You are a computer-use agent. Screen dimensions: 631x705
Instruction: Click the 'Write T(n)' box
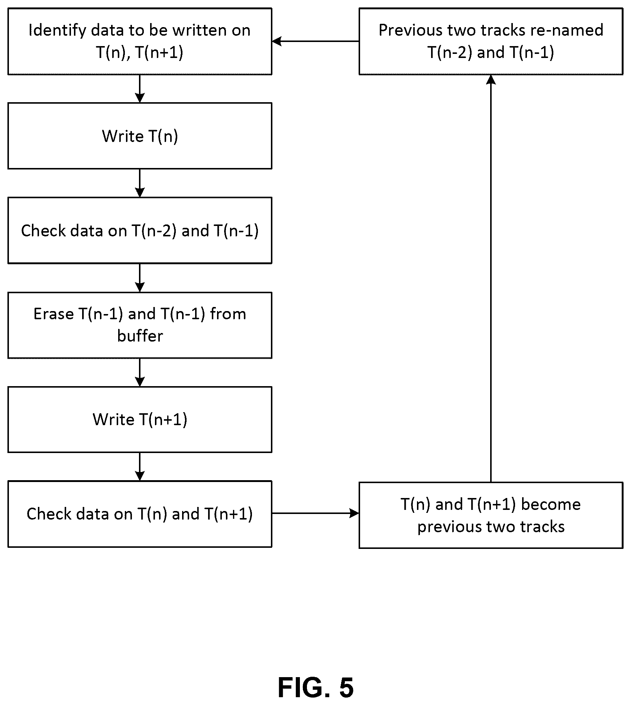[140, 136]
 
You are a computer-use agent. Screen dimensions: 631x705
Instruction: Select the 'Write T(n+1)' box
[140, 420]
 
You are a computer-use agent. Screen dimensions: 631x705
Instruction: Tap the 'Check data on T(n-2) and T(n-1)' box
[140, 230]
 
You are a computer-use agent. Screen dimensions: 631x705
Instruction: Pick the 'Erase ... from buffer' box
[140, 325]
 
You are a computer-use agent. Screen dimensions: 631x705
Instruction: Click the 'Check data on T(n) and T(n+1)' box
[140, 514]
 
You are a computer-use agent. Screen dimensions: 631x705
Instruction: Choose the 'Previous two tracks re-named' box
[491, 42]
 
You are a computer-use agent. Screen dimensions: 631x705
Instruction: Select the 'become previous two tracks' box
[491, 515]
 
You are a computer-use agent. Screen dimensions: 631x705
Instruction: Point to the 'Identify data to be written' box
[140, 42]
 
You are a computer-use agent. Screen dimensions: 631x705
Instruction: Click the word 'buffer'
[140, 336]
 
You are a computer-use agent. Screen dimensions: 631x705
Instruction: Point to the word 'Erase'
[54, 314]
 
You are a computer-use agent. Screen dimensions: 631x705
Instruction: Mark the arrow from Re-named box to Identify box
[315, 41]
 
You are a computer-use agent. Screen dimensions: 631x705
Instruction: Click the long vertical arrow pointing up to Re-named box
[491, 278]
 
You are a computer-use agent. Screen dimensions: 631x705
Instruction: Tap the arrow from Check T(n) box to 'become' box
[315, 514]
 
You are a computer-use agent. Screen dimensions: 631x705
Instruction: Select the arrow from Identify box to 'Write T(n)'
[140, 89]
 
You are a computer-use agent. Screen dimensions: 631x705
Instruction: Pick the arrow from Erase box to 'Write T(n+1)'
[140, 372]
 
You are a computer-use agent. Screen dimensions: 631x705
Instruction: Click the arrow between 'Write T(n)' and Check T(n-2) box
[140, 183]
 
